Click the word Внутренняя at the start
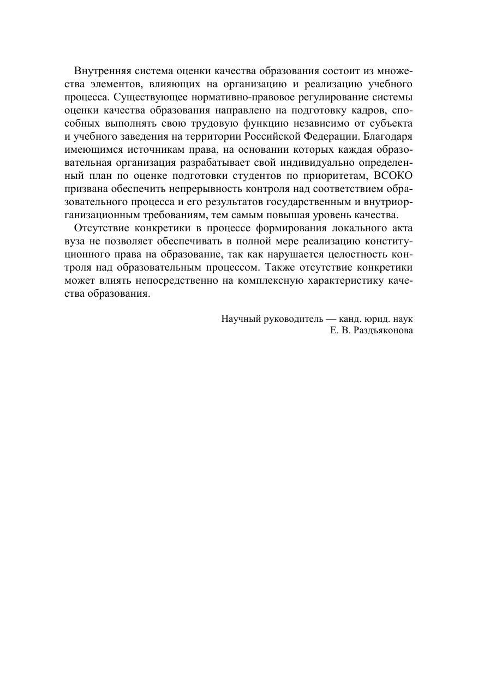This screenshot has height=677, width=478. point(98,71)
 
